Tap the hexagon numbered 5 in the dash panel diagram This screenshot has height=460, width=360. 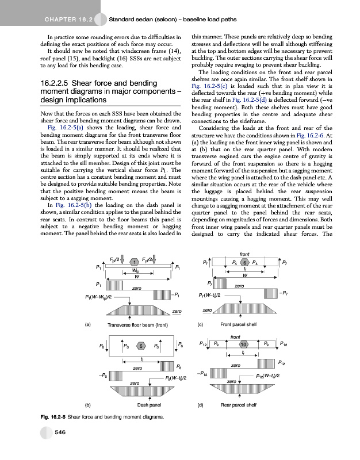click(140, 346)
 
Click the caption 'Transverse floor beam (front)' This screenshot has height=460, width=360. click(137, 324)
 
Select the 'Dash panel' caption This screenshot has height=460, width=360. click(148, 404)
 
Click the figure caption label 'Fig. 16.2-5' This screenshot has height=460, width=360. click(52, 417)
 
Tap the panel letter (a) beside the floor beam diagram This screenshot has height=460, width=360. click(87, 324)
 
